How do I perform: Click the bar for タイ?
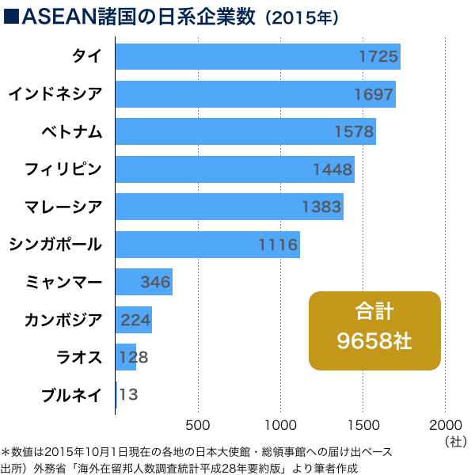(257, 57)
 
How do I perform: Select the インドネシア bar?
(255, 94)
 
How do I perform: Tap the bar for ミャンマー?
(143, 282)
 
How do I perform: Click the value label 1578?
(353, 132)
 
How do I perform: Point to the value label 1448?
(332, 169)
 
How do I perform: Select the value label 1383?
(321, 207)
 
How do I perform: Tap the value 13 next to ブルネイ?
(129, 394)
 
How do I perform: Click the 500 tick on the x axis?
(198, 423)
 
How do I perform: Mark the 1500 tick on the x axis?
(363, 423)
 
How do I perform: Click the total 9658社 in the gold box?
(374, 342)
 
